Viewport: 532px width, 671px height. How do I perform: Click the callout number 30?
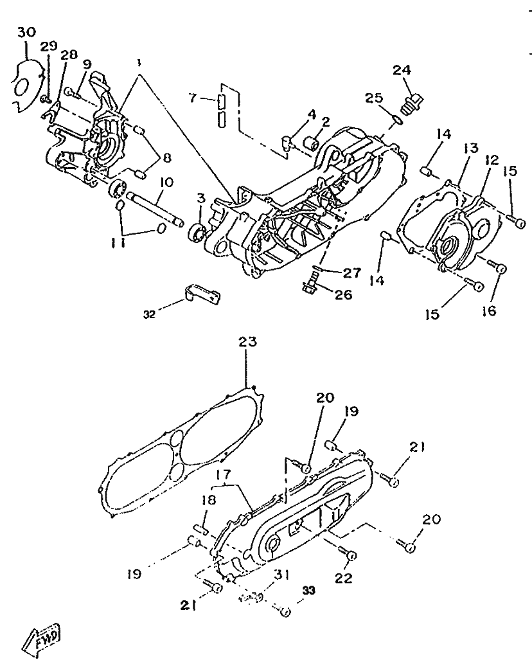26,33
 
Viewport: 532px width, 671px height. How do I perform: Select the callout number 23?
247,342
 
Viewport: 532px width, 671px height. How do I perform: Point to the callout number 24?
402,70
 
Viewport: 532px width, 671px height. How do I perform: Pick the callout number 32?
149,314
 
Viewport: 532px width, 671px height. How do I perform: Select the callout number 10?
166,183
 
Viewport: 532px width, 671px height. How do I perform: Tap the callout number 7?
193,98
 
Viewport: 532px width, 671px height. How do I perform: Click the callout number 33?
308,591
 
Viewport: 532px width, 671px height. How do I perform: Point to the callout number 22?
343,578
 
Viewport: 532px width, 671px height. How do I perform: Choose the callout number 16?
488,310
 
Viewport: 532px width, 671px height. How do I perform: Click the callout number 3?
201,198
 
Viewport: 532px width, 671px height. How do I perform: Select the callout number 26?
343,294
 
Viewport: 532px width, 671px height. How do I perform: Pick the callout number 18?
209,500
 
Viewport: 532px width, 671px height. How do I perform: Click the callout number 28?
69,55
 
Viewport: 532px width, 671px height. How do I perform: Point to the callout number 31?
282,574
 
